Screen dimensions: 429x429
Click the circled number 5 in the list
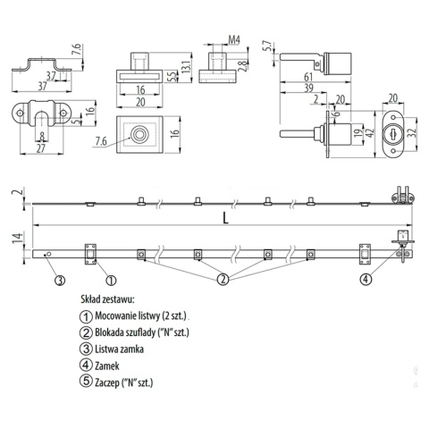point(85,382)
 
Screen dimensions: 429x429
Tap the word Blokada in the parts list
point(114,332)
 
